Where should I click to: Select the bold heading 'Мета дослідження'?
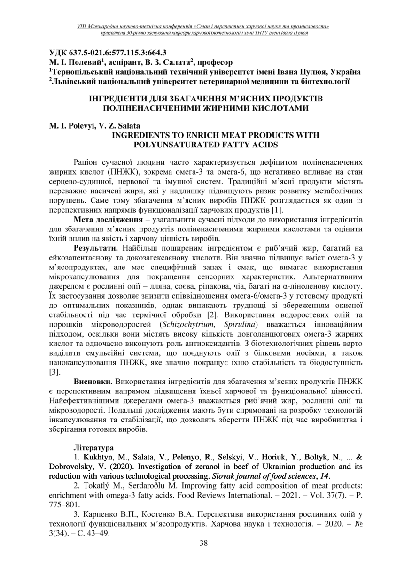click(x=103, y=219)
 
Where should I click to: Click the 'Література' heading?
click(x=93, y=442)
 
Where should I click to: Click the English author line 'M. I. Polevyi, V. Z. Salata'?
click(x=94, y=126)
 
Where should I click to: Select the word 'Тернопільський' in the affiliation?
click(x=83, y=71)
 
